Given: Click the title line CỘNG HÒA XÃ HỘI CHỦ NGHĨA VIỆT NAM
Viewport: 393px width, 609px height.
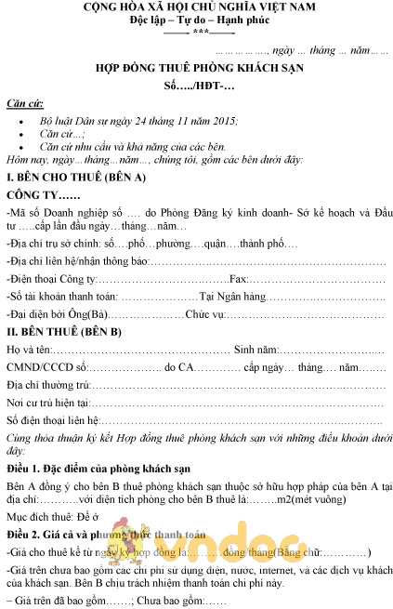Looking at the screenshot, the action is click(200, 7).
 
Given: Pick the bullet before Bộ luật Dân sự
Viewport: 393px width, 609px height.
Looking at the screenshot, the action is click(21, 122).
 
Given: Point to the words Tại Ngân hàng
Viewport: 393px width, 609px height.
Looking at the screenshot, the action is click(233, 297).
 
